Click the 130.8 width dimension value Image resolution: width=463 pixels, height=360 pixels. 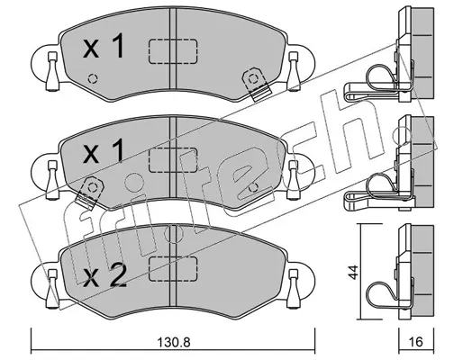pyautogui.click(x=174, y=342)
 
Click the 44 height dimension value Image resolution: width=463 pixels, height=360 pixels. pyautogui.click(x=355, y=272)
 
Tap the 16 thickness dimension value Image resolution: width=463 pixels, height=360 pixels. pyautogui.click(x=416, y=342)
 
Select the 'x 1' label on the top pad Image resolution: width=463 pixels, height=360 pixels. pyautogui.click(x=104, y=46)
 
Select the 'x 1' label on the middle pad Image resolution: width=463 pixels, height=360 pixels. pyautogui.click(x=104, y=151)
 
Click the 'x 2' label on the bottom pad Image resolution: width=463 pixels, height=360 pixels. pyautogui.click(x=104, y=276)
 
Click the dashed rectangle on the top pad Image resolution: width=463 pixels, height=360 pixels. pyautogui.click(x=173, y=51)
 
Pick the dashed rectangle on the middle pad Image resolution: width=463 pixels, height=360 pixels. pyautogui.click(x=173, y=160)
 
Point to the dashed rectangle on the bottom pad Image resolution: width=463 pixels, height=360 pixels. pyautogui.click(x=173, y=268)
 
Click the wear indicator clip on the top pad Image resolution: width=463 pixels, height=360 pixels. pyautogui.click(x=255, y=84)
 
